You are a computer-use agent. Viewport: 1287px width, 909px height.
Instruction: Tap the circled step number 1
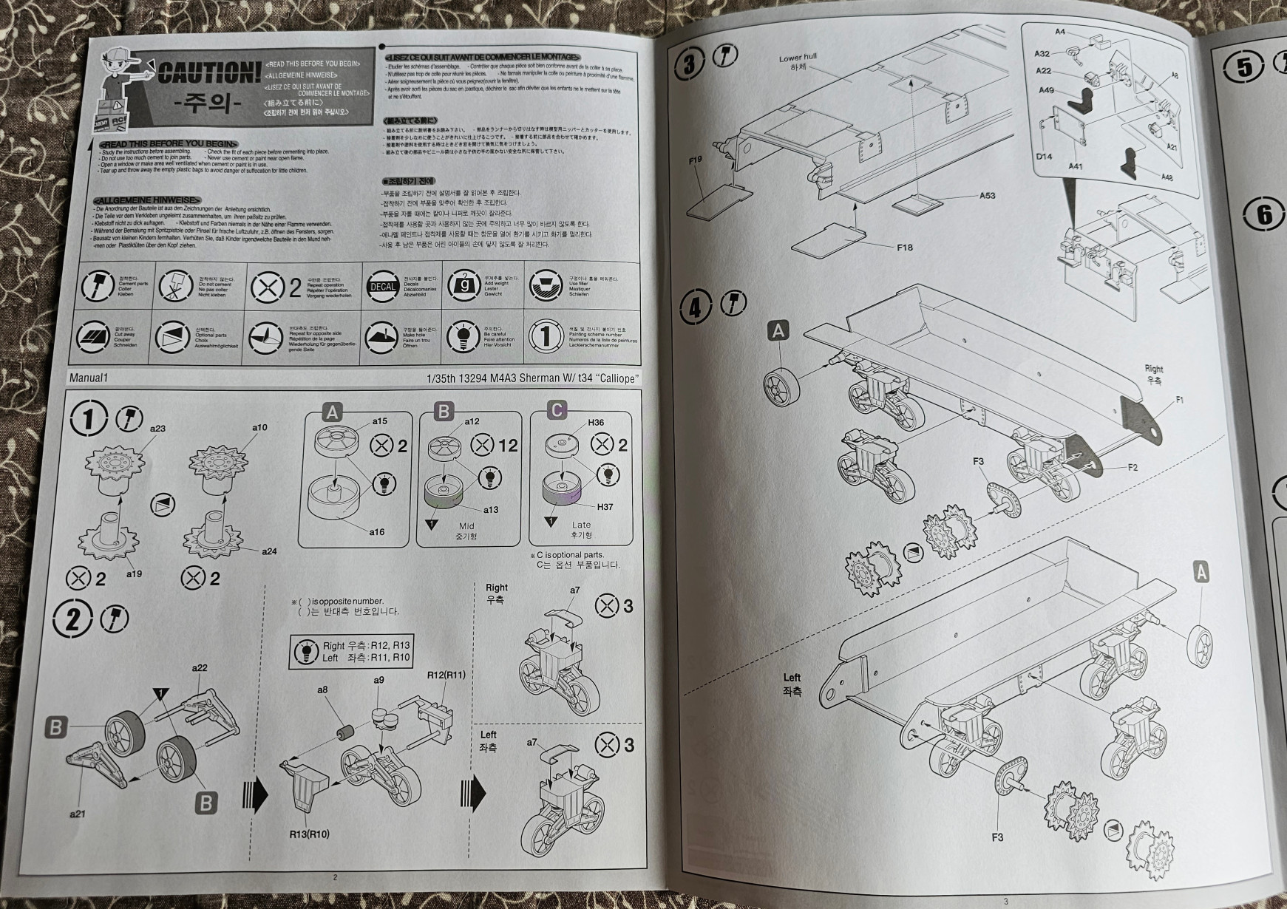pyautogui.click(x=88, y=420)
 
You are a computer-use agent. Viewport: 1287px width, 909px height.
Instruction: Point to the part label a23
pyautogui.click(x=157, y=429)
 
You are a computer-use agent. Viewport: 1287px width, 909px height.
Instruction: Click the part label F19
pyautogui.click(x=695, y=160)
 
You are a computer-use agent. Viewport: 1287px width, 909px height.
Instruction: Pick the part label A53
pyautogui.click(x=987, y=196)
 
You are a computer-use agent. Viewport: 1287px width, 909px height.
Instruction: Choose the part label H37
pyautogui.click(x=605, y=507)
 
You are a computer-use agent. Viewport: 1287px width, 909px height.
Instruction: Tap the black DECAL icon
pyautogui.click(x=383, y=287)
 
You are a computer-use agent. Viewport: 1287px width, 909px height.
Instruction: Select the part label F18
pyautogui.click(x=904, y=248)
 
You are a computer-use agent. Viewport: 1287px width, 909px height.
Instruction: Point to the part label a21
pyautogui.click(x=77, y=814)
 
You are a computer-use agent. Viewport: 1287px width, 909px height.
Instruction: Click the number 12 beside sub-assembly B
pyautogui.click(x=509, y=446)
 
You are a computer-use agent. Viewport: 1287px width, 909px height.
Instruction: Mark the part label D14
pyautogui.click(x=1044, y=157)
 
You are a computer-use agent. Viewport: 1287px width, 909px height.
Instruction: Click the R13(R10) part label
pyautogui.click(x=309, y=834)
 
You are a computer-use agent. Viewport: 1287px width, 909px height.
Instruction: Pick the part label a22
pyautogui.click(x=200, y=668)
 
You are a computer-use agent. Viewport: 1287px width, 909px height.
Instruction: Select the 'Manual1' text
pyautogui.click(x=89, y=378)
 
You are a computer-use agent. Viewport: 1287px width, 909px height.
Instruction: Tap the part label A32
pyautogui.click(x=1042, y=53)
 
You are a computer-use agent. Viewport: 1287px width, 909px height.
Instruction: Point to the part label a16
pyautogui.click(x=377, y=532)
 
